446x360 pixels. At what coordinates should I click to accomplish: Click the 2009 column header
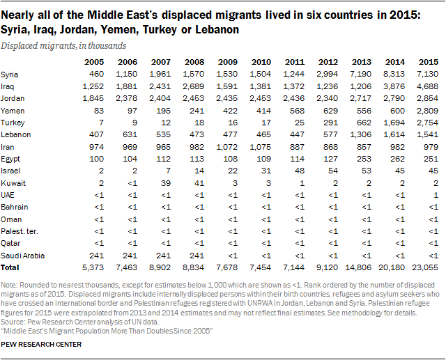coord(228,62)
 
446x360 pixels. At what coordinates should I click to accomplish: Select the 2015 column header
coord(429,62)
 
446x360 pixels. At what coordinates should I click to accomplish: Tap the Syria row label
coord(9,75)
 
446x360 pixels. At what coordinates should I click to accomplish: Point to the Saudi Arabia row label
coord(22,256)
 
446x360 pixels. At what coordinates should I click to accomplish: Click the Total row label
coord(10,267)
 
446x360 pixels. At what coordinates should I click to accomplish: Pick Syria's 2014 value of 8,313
coord(394,75)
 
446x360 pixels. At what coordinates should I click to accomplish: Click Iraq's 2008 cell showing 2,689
coord(194,86)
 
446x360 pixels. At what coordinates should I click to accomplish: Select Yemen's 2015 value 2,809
coord(427,110)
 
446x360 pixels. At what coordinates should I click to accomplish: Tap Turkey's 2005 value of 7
coord(101,123)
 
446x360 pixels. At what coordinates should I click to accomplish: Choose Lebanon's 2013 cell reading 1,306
coord(361,134)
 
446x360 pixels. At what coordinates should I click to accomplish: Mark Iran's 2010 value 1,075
coord(261,147)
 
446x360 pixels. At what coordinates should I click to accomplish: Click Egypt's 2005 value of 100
coord(96,159)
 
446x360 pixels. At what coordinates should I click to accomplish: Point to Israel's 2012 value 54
coord(333,171)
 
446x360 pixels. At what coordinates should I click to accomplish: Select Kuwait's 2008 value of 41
coord(199,183)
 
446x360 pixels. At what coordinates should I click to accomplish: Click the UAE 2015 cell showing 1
coord(436,195)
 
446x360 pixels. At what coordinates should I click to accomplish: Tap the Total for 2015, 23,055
coord(425,267)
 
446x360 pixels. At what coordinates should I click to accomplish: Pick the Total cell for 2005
coord(93,267)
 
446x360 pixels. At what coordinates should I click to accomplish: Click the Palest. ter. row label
coord(20,232)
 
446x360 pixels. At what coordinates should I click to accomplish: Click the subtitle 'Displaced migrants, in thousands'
coord(63,46)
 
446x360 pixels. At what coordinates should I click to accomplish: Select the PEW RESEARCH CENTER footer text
coord(41,345)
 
